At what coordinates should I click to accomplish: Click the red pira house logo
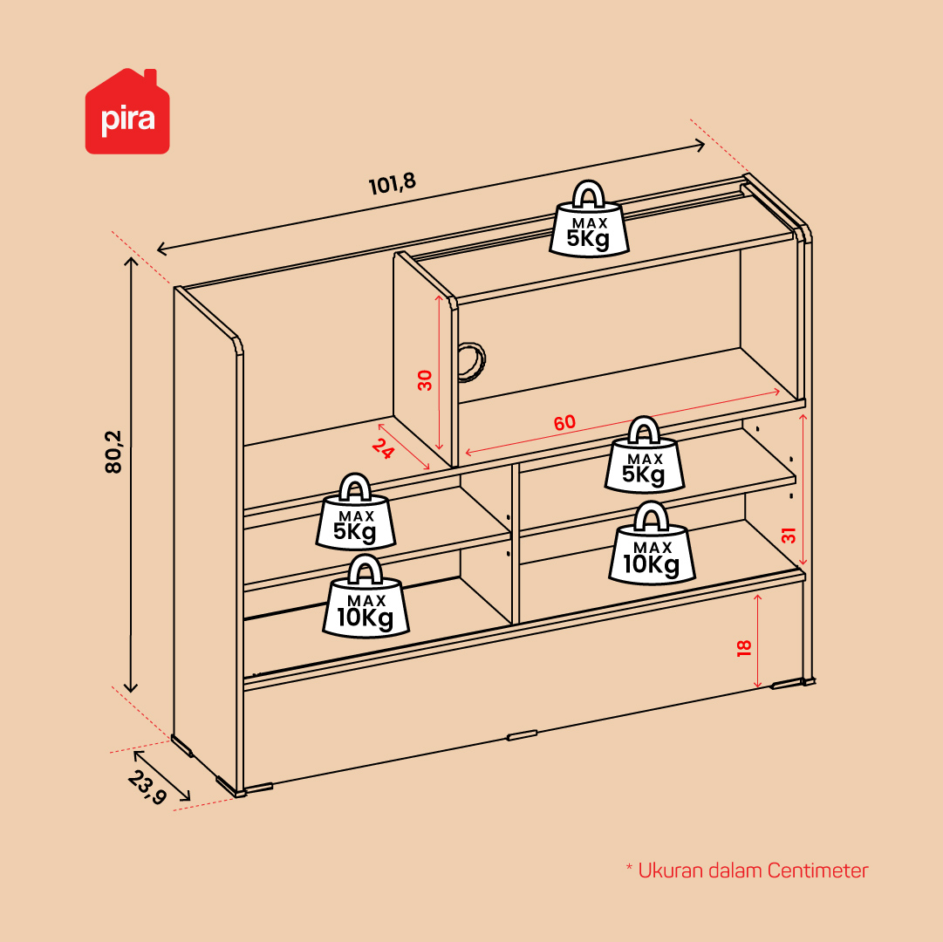pyautogui.click(x=127, y=112)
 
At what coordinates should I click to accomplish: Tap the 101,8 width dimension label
pyautogui.click(x=392, y=183)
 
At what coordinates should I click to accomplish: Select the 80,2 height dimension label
pyautogui.click(x=113, y=452)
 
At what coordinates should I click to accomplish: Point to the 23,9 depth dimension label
pyautogui.click(x=147, y=787)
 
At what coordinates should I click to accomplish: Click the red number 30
pyautogui.click(x=425, y=380)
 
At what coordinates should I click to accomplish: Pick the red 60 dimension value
pyautogui.click(x=564, y=423)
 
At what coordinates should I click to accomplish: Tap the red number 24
pyautogui.click(x=383, y=448)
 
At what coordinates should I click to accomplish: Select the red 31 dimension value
pyautogui.click(x=789, y=535)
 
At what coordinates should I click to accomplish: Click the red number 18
pyautogui.click(x=744, y=648)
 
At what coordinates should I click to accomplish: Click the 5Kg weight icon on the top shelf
pyautogui.click(x=589, y=220)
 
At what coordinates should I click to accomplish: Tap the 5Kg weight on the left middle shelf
pyautogui.click(x=356, y=512)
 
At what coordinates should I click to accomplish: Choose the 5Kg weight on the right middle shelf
pyautogui.click(x=644, y=455)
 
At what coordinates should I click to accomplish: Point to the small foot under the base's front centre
pyautogui.click(x=522, y=735)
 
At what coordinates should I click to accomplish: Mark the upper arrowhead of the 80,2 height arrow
pyautogui.click(x=131, y=261)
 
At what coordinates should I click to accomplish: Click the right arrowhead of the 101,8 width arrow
pyautogui.click(x=700, y=145)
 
